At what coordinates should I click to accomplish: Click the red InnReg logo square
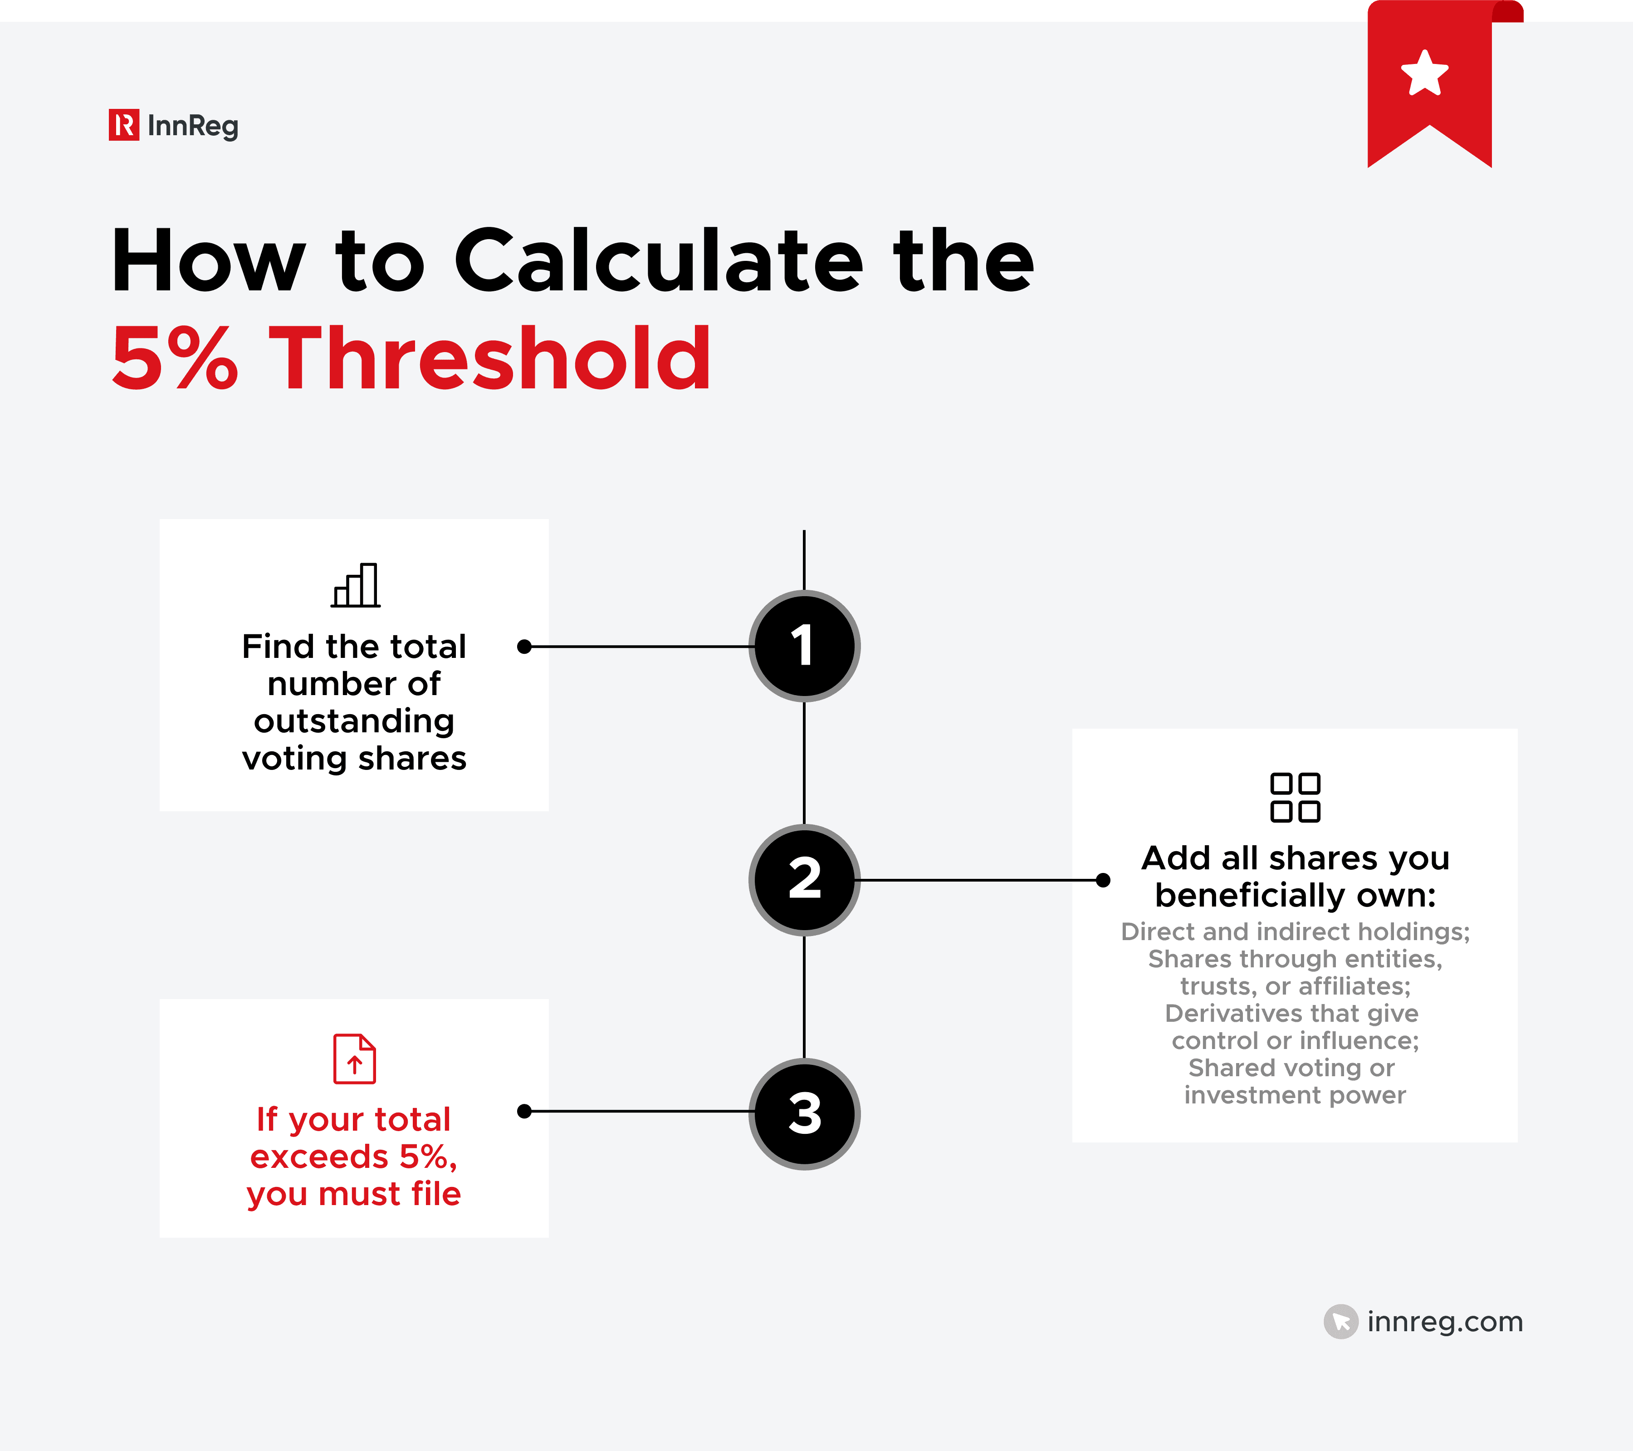tap(124, 125)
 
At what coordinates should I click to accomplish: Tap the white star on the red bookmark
tap(1424, 74)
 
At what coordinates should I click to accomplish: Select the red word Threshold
tap(490, 359)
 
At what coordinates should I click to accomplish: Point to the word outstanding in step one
tap(354, 721)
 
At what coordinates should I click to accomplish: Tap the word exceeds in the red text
tap(319, 1157)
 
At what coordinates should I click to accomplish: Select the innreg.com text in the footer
tap(1444, 1322)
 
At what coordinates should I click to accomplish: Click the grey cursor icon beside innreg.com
tap(1340, 1322)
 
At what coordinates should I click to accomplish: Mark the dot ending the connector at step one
tap(524, 647)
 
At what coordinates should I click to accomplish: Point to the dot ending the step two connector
tap(1103, 880)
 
